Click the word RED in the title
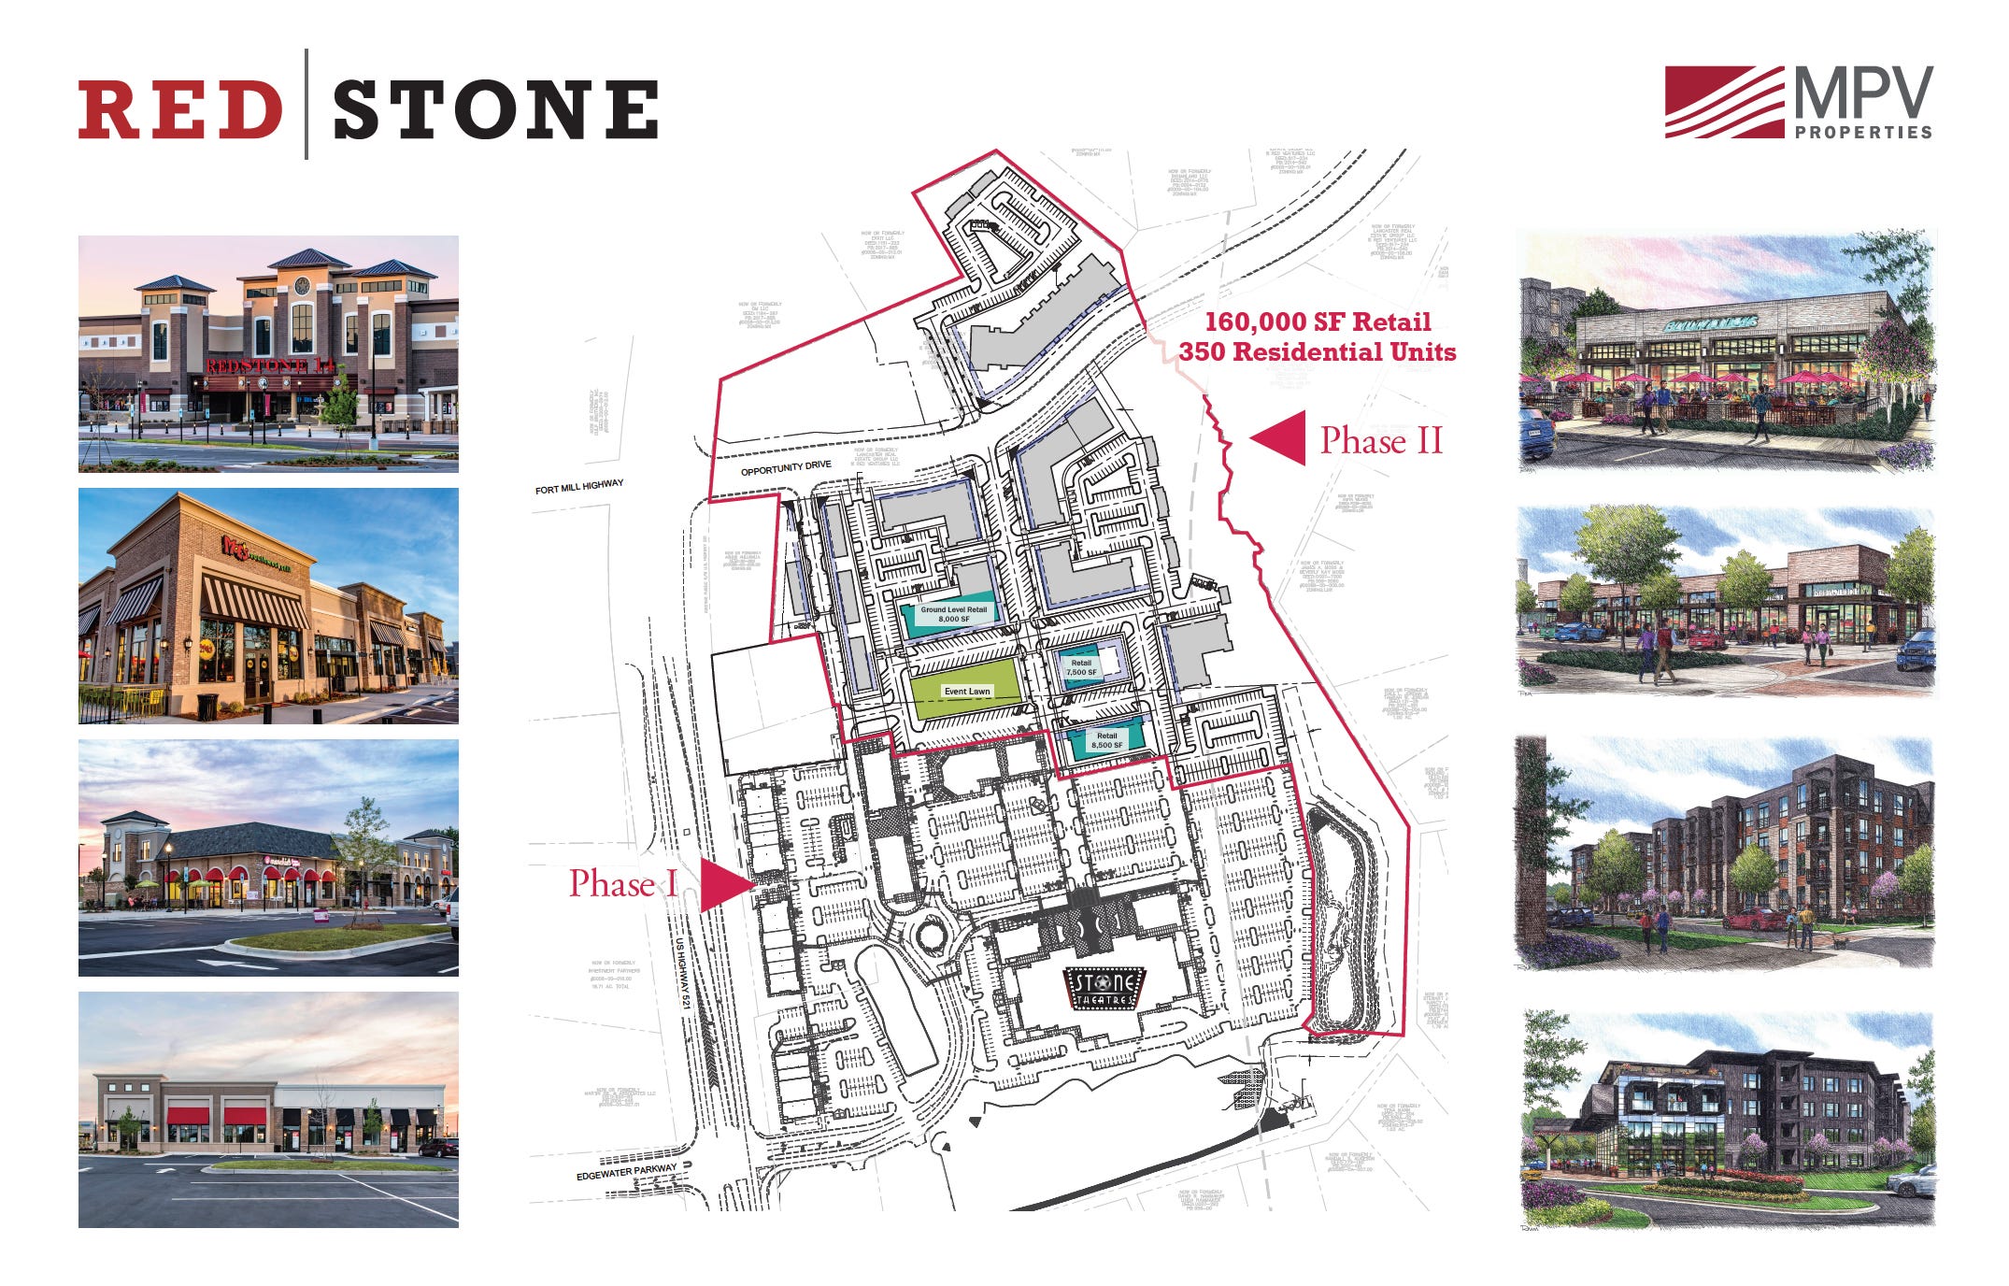pos(179,108)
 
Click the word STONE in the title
pos(495,108)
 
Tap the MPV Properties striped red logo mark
pos(1723,102)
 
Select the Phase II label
pos(1381,440)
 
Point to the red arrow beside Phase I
pos(723,884)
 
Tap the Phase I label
pos(623,883)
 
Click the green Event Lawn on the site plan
pos(966,691)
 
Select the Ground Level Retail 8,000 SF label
pos(953,614)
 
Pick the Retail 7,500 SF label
pos(1081,667)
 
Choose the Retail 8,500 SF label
pos(1106,740)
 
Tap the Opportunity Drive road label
pos(785,467)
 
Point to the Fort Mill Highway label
pos(578,487)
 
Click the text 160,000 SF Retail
pos(1318,322)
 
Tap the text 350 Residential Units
pos(1318,352)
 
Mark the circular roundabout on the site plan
pos(931,934)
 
